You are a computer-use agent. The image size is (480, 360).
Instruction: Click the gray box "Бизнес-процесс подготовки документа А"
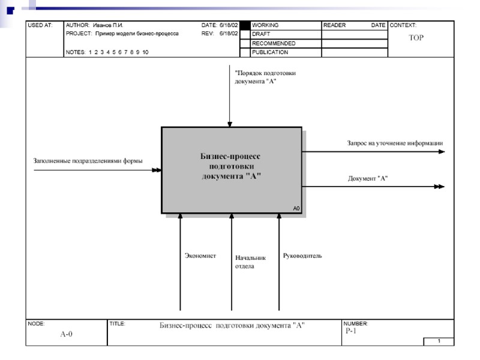coord(231,170)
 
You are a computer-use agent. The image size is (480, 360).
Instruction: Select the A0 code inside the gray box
coord(296,208)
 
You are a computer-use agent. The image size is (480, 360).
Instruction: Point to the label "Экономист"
coord(200,256)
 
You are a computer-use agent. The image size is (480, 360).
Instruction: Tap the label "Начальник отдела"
coord(250,262)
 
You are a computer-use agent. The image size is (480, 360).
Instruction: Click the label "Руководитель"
coord(302,256)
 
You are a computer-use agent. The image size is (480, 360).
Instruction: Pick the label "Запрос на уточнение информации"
coord(394,143)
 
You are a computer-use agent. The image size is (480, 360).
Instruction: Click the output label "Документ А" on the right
coord(368,178)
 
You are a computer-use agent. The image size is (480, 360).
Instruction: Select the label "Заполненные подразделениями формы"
coord(88,161)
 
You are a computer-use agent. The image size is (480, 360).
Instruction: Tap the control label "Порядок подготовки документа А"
coord(265,77)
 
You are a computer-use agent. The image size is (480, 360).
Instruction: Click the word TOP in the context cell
coord(416,38)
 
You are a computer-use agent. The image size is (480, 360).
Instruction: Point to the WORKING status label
coord(265,26)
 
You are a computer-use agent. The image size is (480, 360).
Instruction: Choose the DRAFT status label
coord(261,35)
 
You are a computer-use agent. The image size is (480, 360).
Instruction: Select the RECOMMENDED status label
coord(273,44)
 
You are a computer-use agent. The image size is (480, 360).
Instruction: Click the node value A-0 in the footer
coord(66,334)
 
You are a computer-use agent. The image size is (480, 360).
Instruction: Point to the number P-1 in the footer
coord(351,331)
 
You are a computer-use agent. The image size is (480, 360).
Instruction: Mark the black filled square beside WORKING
coord(245,26)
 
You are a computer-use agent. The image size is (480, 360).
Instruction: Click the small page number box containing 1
coord(439,341)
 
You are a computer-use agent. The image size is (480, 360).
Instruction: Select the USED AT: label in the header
coord(40,26)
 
